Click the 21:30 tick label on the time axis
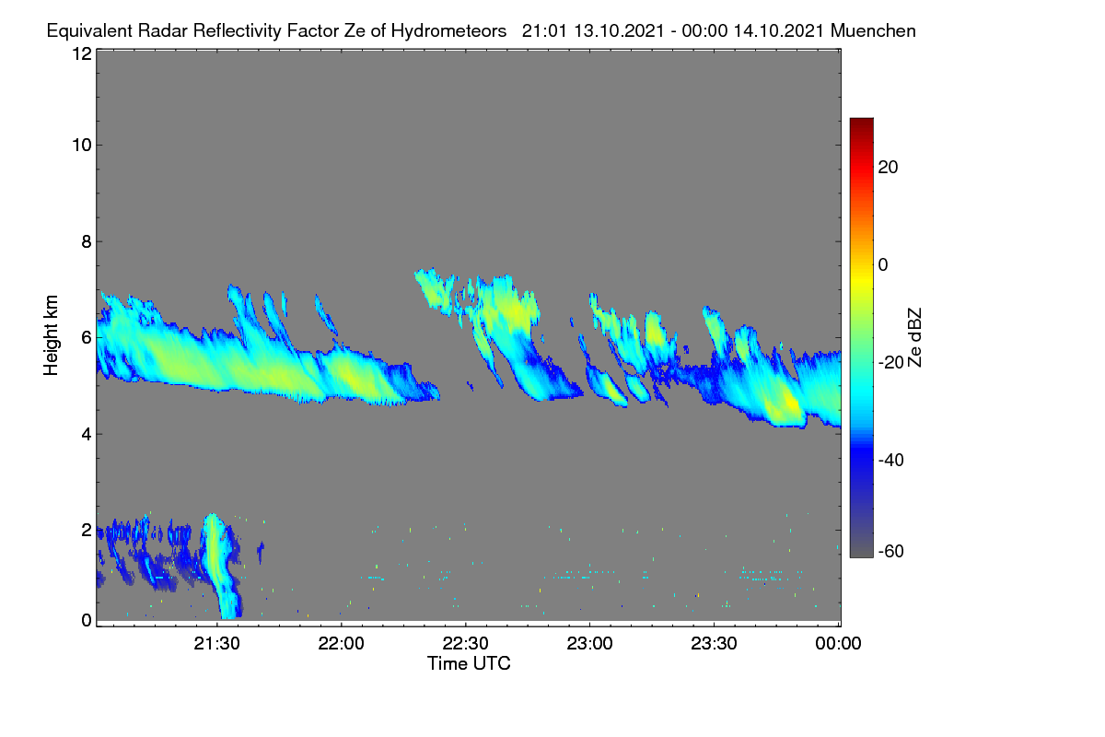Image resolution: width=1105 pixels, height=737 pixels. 216,644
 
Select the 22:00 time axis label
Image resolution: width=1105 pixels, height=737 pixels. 341,644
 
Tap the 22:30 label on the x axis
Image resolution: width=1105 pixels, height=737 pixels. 465,644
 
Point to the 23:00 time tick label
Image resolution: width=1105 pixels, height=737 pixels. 589,644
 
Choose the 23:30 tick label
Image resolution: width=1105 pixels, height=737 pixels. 714,644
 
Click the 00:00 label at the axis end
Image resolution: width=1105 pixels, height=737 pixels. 838,644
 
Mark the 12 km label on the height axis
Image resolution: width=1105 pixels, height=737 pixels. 82,53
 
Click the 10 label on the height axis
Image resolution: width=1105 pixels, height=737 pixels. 82,146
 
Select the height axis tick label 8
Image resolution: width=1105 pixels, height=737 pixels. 87,242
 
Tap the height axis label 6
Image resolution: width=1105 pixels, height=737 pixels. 87,338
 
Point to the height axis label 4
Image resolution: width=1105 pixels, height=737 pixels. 87,435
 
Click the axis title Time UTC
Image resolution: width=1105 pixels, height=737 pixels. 469,664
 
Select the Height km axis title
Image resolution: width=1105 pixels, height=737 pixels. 51,335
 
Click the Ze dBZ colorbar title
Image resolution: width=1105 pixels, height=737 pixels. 914,338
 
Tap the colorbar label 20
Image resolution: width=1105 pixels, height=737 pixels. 888,168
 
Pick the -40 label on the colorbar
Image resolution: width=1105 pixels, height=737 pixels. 891,460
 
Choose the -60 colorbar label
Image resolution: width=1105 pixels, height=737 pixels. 891,552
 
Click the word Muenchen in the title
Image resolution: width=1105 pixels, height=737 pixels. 873,31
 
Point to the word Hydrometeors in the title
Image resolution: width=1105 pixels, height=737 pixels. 449,31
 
